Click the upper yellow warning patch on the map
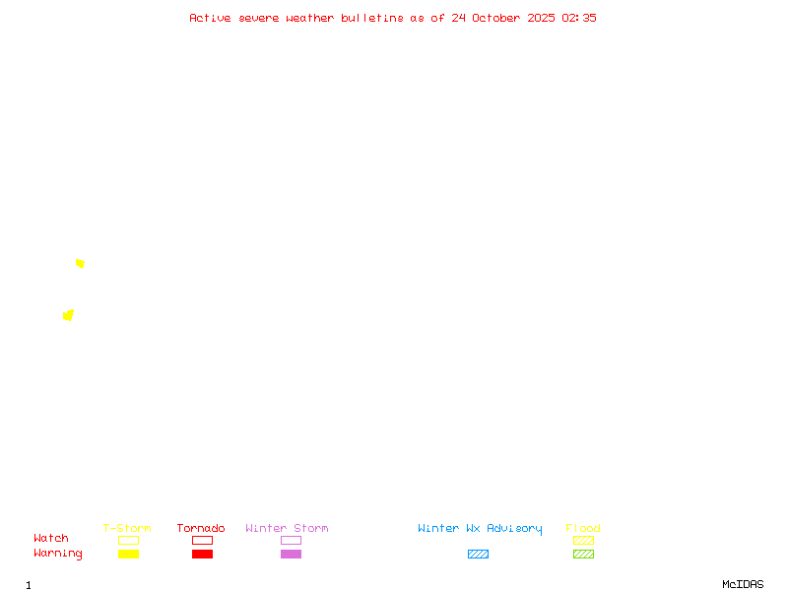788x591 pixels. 80,264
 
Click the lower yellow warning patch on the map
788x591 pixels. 68,315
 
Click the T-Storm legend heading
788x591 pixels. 127,528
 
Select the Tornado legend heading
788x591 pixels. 201,528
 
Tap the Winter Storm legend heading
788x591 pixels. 287,528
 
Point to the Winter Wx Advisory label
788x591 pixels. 480,529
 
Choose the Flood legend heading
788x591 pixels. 583,528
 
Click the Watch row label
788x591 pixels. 51,538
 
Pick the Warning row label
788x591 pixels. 58,554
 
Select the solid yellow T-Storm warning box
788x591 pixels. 129,554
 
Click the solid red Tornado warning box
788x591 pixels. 203,554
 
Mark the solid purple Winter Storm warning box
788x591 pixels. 291,554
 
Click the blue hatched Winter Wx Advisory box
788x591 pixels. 478,554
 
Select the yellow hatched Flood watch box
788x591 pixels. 583,540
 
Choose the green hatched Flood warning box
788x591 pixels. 583,554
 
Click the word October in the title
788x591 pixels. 496,18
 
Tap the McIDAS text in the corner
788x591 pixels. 743,584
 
